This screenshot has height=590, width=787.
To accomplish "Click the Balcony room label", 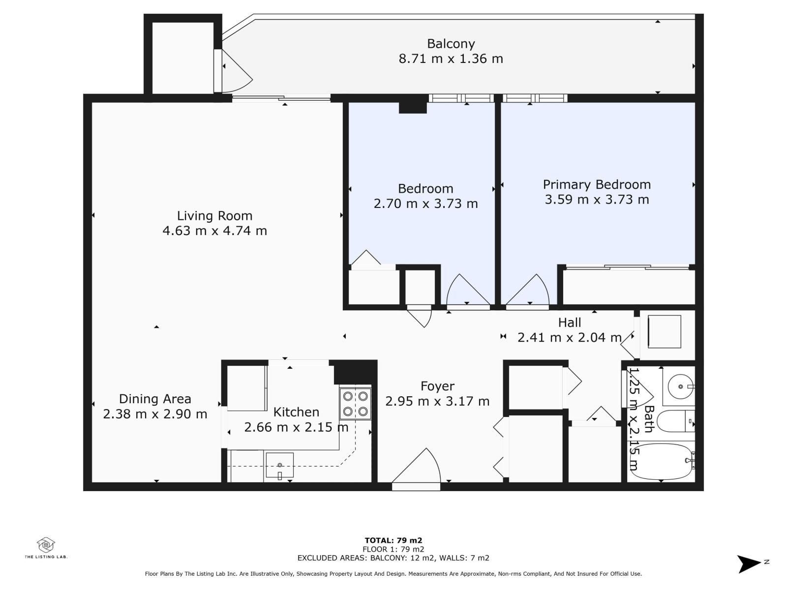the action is pyautogui.click(x=451, y=44).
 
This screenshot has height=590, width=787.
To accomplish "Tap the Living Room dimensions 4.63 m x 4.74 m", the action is pyautogui.click(x=215, y=231).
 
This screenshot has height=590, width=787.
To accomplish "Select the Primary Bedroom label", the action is pyautogui.click(x=597, y=185).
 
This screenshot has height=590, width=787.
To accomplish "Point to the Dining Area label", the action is pyautogui.click(x=155, y=399).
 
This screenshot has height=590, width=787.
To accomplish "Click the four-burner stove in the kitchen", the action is pyautogui.click(x=355, y=403).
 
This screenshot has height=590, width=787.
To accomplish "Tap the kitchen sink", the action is pyautogui.click(x=279, y=466).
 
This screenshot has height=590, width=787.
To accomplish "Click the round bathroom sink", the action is pyautogui.click(x=681, y=386).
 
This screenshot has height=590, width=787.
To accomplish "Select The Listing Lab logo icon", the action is pyautogui.click(x=46, y=545).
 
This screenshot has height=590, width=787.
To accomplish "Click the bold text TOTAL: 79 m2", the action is pyautogui.click(x=393, y=540).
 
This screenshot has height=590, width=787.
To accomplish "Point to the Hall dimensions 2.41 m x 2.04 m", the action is pyautogui.click(x=570, y=337).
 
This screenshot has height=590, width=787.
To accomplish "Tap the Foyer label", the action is pyautogui.click(x=437, y=386).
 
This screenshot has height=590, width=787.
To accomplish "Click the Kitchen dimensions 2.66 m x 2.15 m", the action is pyautogui.click(x=296, y=427).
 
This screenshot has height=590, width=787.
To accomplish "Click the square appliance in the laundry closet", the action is pyautogui.click(x=665, y=331).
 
